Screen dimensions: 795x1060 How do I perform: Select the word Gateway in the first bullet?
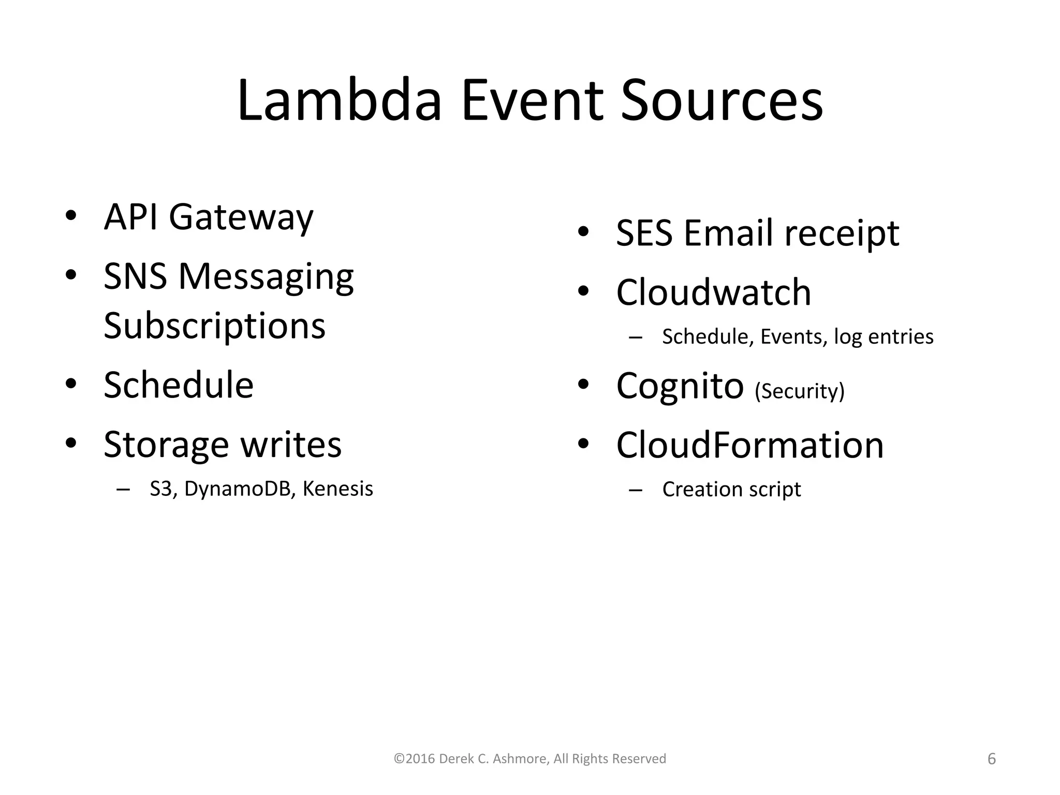tap(241, 217)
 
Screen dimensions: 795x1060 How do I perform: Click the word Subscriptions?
tap(214, 326)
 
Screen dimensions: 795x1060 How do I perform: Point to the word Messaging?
tap(266, 277)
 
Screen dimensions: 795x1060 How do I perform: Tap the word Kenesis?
tap(337, 489)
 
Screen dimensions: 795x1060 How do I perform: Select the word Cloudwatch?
tap(713, 292)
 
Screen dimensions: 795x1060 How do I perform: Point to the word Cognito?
tap(680, 386)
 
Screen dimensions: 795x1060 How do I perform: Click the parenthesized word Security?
tap(799, 391)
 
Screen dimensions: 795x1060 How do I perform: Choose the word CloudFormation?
tap(749, 445)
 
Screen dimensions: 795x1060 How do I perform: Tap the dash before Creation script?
tap(635, 490)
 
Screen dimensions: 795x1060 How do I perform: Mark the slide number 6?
tap(991, 759)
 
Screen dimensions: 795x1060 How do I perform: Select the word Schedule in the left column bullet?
tap(179, 385)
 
